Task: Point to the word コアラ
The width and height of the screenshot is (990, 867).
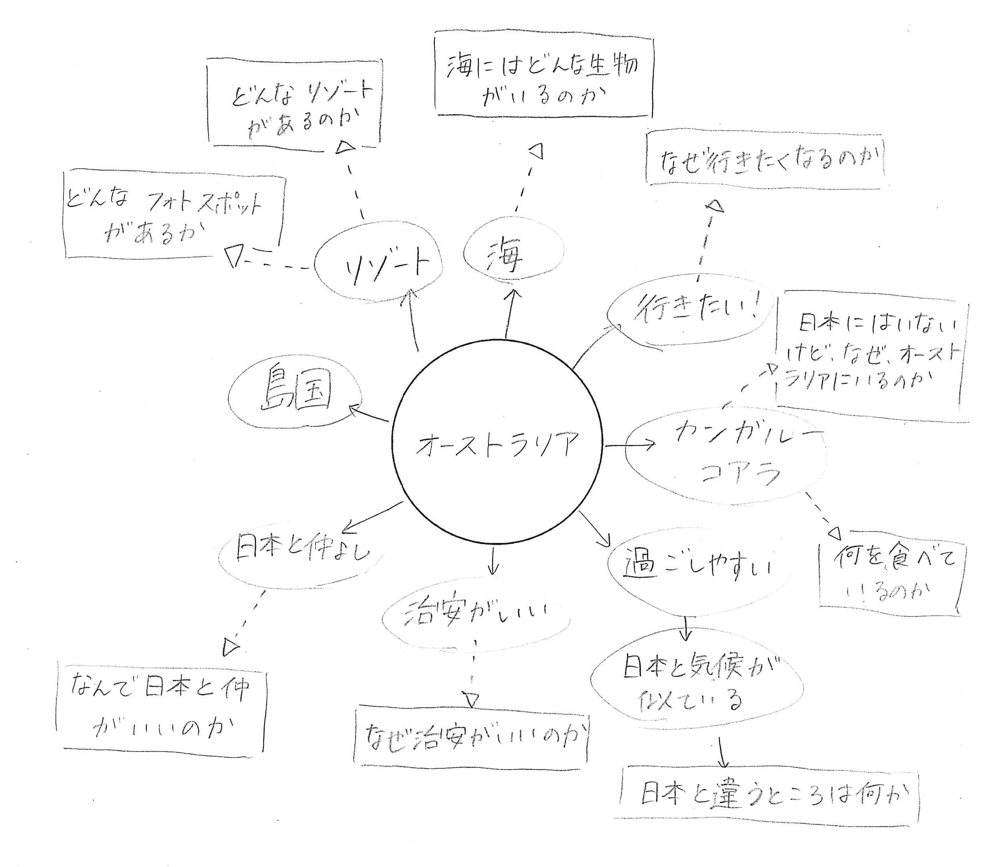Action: coord(740,473)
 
